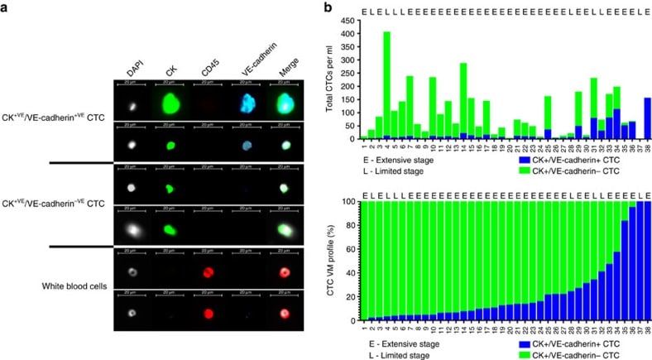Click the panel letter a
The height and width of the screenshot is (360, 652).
tap(6, 7)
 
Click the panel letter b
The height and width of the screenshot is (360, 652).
tap(328, 7)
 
